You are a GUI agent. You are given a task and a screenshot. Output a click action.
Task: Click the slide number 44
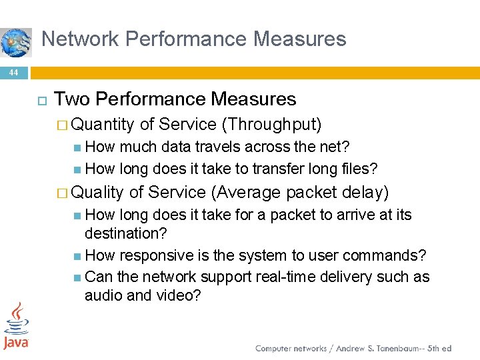(x=14, y=72)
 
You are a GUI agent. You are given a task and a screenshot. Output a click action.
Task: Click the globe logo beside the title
(x=15, y=42)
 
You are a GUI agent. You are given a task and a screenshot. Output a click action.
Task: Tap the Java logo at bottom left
(x=16, y=326)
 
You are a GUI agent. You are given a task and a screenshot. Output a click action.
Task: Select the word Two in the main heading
(x=72, y=99)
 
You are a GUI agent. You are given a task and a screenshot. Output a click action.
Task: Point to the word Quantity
(x=103, y=125)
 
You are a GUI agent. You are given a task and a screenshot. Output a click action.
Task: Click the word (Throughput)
(x=272, y=125)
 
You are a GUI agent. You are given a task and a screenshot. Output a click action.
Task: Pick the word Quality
(x=97, y=193)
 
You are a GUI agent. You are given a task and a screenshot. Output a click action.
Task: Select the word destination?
(x=126, y=233)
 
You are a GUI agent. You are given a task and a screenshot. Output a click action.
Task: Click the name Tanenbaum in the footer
(x=397, y=349)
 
